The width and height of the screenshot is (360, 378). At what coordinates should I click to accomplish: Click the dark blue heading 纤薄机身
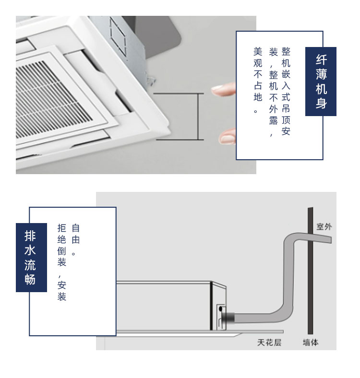tap(321, 82)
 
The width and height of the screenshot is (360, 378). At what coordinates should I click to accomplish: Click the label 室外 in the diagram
tap(324, 226)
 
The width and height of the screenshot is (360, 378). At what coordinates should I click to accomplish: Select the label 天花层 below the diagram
tap(269, 343)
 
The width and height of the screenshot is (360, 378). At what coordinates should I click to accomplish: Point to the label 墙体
tap(311, 343)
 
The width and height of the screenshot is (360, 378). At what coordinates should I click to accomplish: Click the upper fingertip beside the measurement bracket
tap(223, 90)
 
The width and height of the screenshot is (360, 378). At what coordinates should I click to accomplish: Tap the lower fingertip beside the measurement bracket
tap(228, 137)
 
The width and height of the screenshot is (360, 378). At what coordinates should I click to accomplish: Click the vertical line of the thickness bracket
tap(199, 117)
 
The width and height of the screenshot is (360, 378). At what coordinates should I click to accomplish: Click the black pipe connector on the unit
tap(229, 318)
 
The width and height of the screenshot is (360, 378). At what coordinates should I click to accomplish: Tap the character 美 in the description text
tap(258, 52)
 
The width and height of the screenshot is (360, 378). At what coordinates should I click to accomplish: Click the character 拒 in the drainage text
tap(62, 228)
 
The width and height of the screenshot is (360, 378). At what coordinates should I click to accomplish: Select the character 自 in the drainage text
tap(76, 228)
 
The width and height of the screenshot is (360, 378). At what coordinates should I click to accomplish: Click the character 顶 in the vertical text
tap(286, 120)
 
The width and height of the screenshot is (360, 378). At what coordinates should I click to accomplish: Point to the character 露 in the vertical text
tap(274, 120)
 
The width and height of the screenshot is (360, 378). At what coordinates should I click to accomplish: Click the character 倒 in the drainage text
tap(62, 251)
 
